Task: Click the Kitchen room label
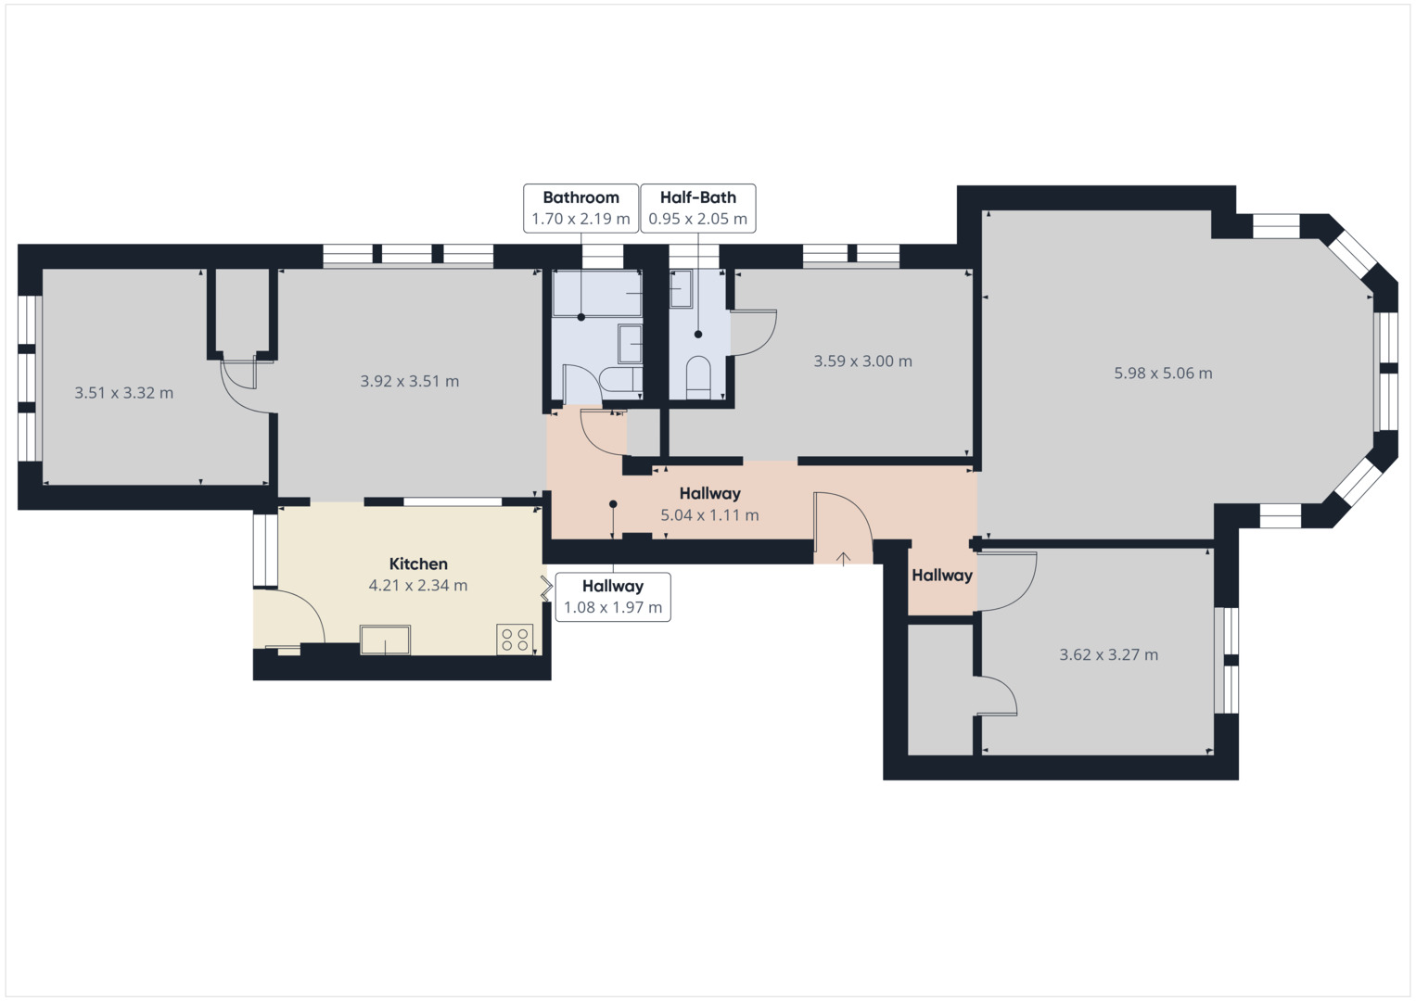[418, 564]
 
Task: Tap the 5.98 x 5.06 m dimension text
[1163, 374]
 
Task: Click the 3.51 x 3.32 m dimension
[123, 393]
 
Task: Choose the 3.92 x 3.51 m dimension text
[409, 381]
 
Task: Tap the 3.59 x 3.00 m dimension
[862, 361]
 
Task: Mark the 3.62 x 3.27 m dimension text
[1108, 654]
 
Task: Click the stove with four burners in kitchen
[515, 639]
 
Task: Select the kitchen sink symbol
[385, 640]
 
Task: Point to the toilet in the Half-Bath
[698, 377]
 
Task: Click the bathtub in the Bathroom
[596, 293]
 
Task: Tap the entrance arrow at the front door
[844, 558]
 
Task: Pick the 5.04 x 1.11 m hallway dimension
[709, 515]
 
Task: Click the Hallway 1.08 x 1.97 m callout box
[613, 597]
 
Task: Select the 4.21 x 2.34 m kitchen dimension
[418, 586]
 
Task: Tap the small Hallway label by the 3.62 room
[941, 576]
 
